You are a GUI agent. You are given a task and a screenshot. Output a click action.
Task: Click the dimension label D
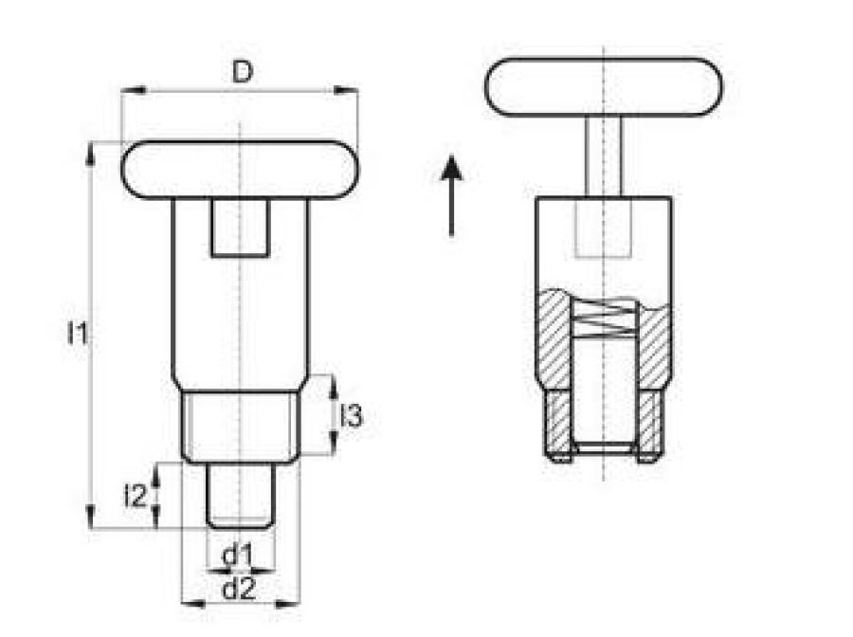click(242, 71)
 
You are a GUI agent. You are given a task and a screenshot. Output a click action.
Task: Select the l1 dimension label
click(77, 333)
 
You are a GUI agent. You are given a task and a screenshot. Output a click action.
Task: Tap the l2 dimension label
click(136, 496)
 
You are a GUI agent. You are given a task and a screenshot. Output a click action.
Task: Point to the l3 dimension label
click(351, 416)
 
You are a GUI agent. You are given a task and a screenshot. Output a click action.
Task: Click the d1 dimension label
click(238, 555)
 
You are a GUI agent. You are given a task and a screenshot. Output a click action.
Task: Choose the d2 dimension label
click(239, 589)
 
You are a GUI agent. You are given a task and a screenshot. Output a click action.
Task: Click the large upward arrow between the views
click(451, 196)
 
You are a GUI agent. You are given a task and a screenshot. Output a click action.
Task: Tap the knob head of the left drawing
click(240, 171)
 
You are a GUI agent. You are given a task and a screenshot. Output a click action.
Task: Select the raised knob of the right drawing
click(604, 87)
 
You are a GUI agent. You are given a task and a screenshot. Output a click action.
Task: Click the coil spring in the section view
click(604, 318)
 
